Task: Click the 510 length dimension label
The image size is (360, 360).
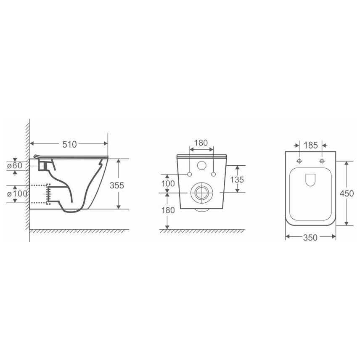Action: (69, 144)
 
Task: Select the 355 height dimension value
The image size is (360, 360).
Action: (117, 185)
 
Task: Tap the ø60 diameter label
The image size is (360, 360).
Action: (14, 165)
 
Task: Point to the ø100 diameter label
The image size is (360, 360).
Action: (17, 193)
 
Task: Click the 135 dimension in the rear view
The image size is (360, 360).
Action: (237, 180)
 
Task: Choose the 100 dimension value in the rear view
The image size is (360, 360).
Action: (168, 183)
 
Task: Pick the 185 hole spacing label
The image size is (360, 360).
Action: (311, 146)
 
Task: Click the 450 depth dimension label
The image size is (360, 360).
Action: (347, 193)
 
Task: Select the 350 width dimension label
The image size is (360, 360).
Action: (310, 237)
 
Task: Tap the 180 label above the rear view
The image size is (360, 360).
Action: (201, 143)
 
